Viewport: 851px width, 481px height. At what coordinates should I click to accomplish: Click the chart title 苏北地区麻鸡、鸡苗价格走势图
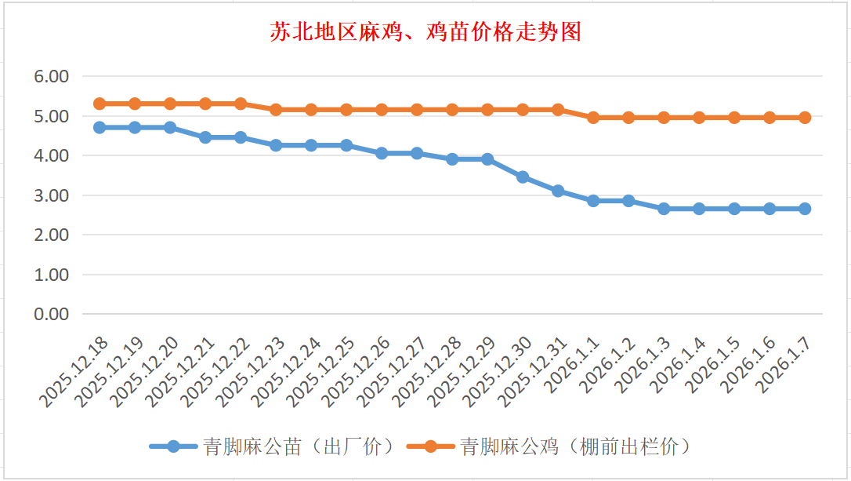tap(426, 32)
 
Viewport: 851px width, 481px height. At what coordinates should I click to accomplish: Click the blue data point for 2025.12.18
tap(100, 127)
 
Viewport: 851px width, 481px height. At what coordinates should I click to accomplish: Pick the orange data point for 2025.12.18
tap(100, 104)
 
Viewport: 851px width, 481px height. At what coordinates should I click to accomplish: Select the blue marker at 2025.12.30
tap(523, 177)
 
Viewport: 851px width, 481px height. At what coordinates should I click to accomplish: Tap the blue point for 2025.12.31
tap(558, 191)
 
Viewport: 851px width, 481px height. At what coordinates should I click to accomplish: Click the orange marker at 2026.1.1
tap(593, 118)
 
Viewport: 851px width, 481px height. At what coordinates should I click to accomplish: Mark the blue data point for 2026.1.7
tap(805, 209)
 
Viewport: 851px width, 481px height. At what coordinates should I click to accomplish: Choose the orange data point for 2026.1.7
tap(805, 118)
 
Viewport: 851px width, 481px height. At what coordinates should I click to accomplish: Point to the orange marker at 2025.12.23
tap(276, 110)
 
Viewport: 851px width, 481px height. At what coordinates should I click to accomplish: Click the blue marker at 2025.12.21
tap(205, 137)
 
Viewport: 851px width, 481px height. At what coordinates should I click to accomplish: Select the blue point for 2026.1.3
tap(664, 209)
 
